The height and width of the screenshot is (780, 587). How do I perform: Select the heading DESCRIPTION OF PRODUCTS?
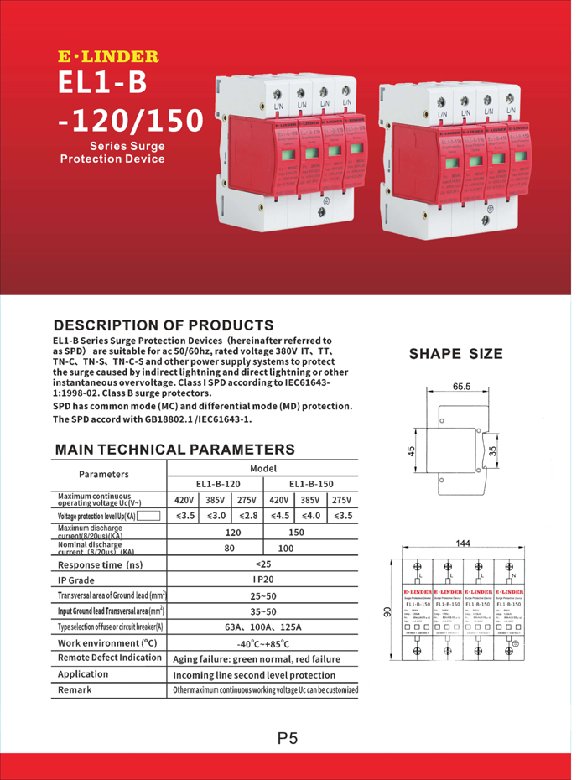click(x=164, y=325)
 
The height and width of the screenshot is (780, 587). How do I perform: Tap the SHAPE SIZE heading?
click(x=456, y=353)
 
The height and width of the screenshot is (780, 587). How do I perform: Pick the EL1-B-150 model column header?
click(x=311, y=484)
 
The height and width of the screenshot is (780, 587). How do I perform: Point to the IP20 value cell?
click(x=263, y=580)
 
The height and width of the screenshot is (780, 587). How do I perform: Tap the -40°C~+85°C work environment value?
click(x=263, y=643)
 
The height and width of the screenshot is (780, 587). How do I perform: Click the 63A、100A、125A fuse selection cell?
click(x=263, y=627)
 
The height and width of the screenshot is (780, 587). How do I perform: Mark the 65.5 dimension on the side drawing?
click(x=461, y=387)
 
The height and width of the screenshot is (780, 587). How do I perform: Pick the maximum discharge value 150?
click(x=296, y=532)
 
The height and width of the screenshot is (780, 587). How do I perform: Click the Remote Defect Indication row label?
click(x=109, y=658)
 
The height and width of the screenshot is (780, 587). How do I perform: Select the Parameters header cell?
click(x=109, y=475)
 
